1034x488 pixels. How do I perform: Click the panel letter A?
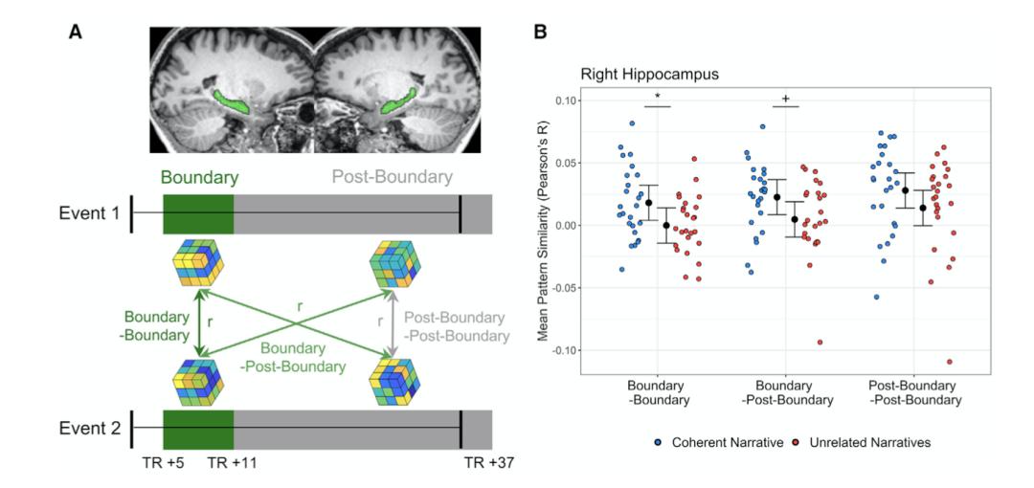click(x=76, y=33)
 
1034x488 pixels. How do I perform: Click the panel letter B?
click(x=540, y=33)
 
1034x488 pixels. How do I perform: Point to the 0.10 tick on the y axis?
click(x=565, y=100)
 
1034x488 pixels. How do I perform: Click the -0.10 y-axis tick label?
click(x=563, y=349)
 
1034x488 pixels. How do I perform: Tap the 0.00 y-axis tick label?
click(x=565, y=225)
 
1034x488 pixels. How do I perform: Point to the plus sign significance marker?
click(x=786, y=98)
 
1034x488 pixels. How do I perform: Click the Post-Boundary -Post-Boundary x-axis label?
click(x=914, y=393)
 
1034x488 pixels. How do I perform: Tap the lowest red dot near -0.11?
click(x=950, y=362)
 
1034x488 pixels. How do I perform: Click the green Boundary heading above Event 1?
click(x=198, y=177)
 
